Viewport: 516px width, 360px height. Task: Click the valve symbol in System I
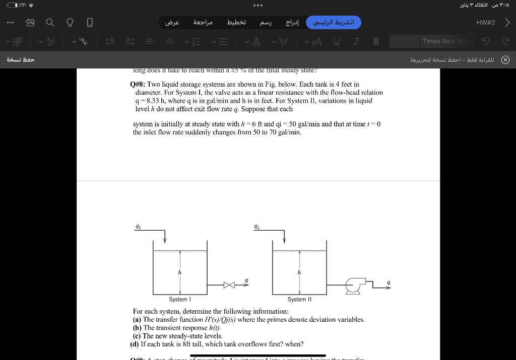tap(229, 285)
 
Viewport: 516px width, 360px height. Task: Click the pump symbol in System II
tap(353, 284)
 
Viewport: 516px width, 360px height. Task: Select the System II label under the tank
tap(299, 300)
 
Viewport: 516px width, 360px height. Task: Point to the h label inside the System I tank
tap(179, 272)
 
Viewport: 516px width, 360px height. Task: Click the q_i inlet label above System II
tap(257, 227)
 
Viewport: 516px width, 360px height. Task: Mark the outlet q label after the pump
tap(388, 282)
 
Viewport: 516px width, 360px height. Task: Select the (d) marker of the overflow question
tap(135, 344)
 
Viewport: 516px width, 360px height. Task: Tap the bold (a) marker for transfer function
tap(137, 320)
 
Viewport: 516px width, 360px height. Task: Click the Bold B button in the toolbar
tap(376, 41)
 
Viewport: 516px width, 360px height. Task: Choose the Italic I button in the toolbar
tap(356, 41)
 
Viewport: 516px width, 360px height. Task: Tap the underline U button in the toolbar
tap(336, 41)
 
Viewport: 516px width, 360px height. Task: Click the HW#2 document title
tap(486, 23)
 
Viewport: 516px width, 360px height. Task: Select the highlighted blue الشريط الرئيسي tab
tap(334, 23)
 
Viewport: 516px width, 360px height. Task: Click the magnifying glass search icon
tap(50, 23)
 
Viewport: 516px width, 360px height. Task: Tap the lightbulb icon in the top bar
tap(70, 23)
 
